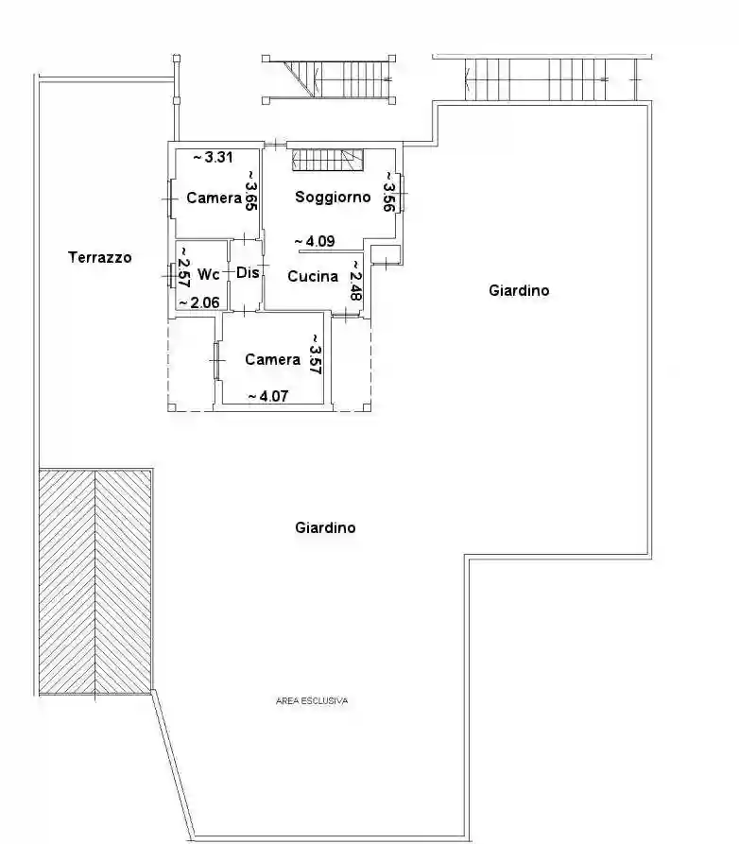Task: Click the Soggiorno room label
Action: [333, 198]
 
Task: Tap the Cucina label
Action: [313, 277]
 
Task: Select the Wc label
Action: [209, 274]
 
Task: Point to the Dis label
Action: [247, 273]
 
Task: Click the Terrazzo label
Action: [99, 257]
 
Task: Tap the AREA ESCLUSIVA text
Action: [312, 701]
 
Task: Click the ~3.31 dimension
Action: [214, 158]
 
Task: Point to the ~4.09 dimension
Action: [314, 241]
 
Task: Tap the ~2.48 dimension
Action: [355, 281]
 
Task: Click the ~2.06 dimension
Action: [199, 301]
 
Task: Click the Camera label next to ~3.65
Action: [214, 198]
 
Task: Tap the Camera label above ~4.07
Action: [272, 360]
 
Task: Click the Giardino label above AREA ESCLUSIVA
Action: [325, 528]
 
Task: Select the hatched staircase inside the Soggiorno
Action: [328, 161]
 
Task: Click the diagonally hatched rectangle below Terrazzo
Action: [95, 580]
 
